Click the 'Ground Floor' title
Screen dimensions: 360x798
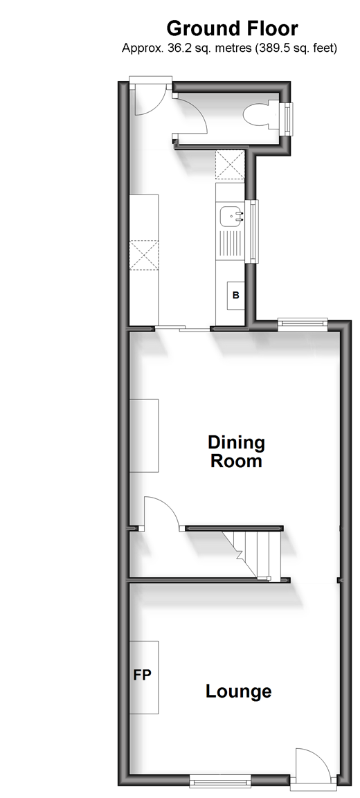coord(232,28)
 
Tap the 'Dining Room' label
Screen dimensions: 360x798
coord(236,451)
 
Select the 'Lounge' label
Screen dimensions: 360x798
coord(238,691)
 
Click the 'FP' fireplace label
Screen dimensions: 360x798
coord(143,675)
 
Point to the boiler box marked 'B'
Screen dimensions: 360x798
coord(236,295)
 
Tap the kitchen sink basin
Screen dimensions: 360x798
coord(230,217)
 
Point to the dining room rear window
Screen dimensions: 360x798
coord(303,323)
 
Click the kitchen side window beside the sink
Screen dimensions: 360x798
coord(251,232)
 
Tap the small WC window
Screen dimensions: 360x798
coord(288,120)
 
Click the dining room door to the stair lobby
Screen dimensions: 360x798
coord(159,513)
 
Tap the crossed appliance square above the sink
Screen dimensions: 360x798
coord(231,166)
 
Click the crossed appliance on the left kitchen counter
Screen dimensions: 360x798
coord(144,255)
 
